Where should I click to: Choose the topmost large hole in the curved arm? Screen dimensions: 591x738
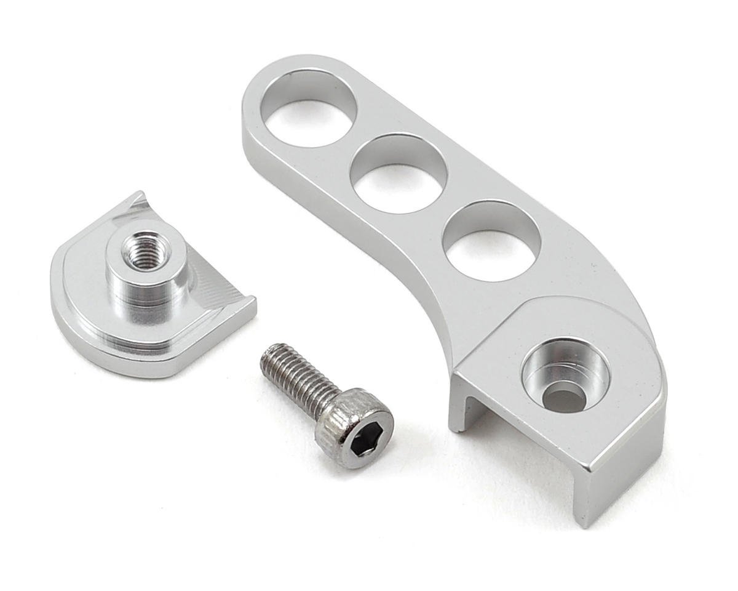(312, 108)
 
